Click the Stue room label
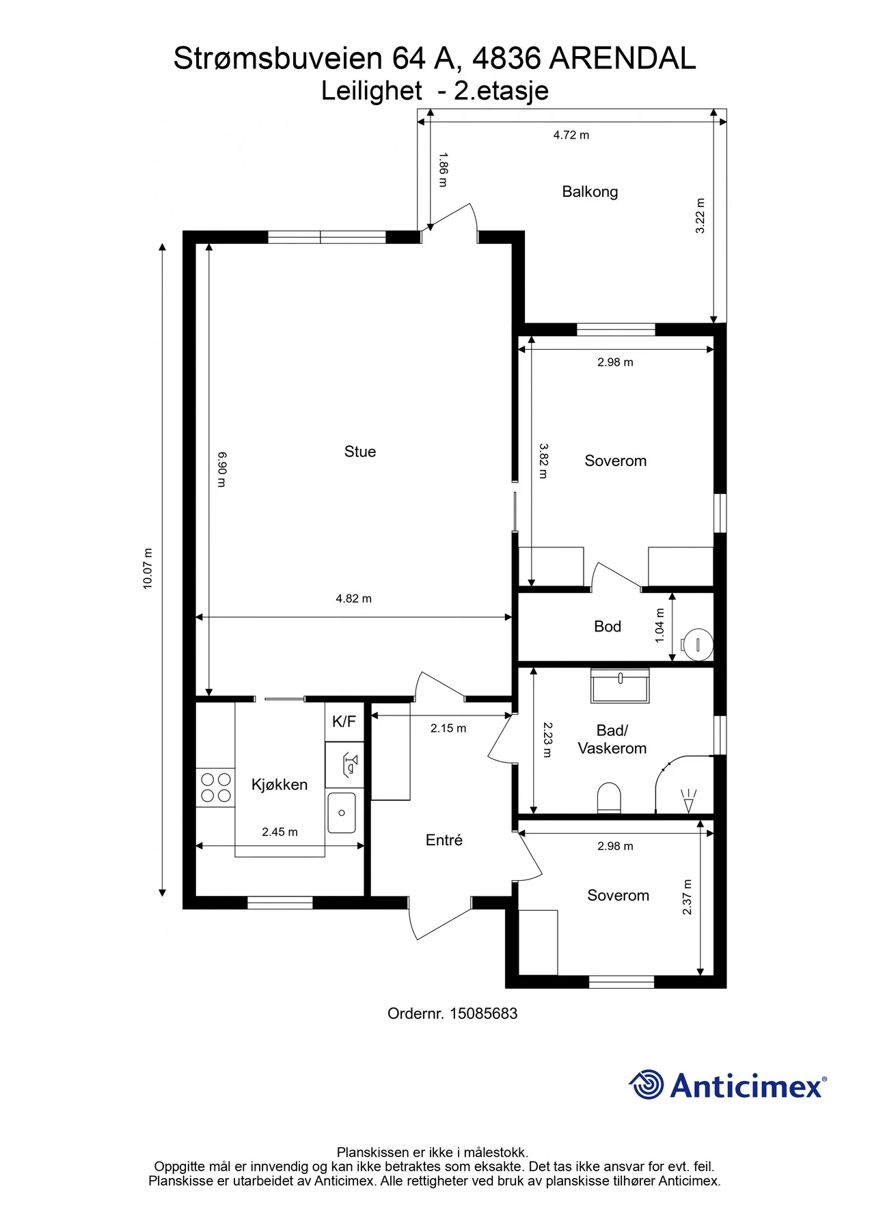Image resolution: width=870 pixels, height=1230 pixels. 360,452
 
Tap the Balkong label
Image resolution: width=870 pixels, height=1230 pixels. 590,192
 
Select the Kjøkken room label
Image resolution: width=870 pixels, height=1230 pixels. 280,784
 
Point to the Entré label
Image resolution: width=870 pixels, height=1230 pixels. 444,840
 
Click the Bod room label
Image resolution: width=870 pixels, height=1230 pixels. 608,627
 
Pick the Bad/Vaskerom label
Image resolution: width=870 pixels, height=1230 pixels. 612,739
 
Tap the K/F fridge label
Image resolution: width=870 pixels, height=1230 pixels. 344,722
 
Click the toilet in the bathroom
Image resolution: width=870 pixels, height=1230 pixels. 609,798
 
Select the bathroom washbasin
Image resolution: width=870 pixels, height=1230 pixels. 620,685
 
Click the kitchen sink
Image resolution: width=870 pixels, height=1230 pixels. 342,812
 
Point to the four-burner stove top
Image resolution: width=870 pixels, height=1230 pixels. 215,788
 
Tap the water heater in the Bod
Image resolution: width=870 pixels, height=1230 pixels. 697,644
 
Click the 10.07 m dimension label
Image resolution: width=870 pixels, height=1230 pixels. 148,569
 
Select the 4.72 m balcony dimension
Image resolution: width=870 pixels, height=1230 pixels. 571,135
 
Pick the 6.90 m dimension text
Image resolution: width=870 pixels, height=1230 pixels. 221,469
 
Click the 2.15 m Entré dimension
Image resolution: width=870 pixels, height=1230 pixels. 448,728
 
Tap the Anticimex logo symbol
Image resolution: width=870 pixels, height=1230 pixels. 646,1084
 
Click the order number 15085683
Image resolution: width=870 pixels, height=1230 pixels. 483,1013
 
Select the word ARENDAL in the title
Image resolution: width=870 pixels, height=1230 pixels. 623,59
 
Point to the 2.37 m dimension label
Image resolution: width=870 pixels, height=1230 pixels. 688,897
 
